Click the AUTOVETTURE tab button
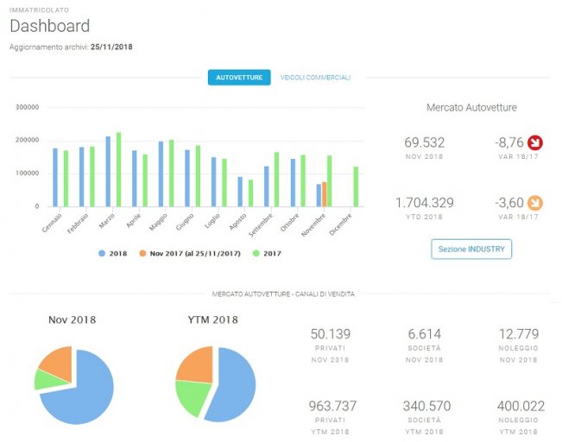pyautogui.click(x=239, y=78)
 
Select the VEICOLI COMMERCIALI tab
pyautogui.click(x=315, y=78)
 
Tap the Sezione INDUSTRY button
pyautogui.click(x=471, y=249)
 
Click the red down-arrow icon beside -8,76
pyautogui.click(x=535, y=142)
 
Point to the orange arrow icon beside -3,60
pyautogui.click(x=535, y=203)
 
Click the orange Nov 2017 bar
pyautogui.click(x=324, y=194)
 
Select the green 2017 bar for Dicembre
pyautogui.click(x=356, y=186)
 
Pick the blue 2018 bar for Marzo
pyautogui.click(x=108, y=172)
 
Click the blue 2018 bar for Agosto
pyautogui.click(x=240, y=192)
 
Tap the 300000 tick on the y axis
pyautogui.click(x=28, y=107)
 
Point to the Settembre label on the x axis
pyautogui.click(x=261, y=224)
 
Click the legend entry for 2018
pyautogui.click(x=113, y=254)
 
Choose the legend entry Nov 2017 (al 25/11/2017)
pyautogui.click(x=190, y=254)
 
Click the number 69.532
pyautogui.click(x=425, y=142)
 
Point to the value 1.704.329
pyautogui.click(x=425, y=203)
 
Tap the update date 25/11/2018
pyautogui.click(x=111, y=47)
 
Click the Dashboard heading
pyautogui.click(x=50, y=26)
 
